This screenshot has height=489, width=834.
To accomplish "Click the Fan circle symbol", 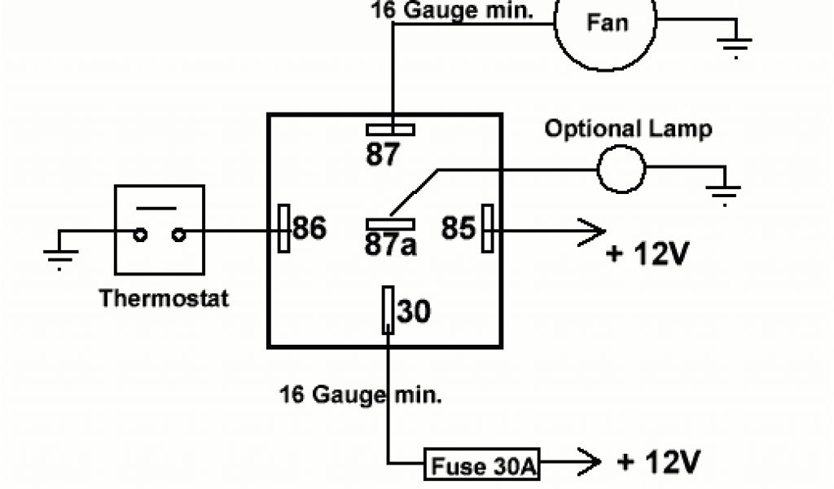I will pos(607,24).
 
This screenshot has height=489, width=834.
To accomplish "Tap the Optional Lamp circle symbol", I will pos(621,169).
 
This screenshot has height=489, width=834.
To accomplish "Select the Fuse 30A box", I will pos(482,466).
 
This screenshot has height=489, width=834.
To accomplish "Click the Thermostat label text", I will pos(164,298).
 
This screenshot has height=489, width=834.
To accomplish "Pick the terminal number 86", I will pos(309,229).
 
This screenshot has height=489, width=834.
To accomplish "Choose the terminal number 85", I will pos(459,229).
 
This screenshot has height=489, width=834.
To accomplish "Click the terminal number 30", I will pos(414,312).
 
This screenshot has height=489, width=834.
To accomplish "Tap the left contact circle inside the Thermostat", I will pos(141,236).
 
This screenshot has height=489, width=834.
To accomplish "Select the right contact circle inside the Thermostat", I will pos(178,236).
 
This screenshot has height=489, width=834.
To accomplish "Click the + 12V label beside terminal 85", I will pos(648,254).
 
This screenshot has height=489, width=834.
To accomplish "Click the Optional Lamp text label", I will pos(628,129).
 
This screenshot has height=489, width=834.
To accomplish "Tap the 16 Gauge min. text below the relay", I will pos(361,396).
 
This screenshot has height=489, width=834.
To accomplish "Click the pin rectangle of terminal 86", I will pos(283,227).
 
